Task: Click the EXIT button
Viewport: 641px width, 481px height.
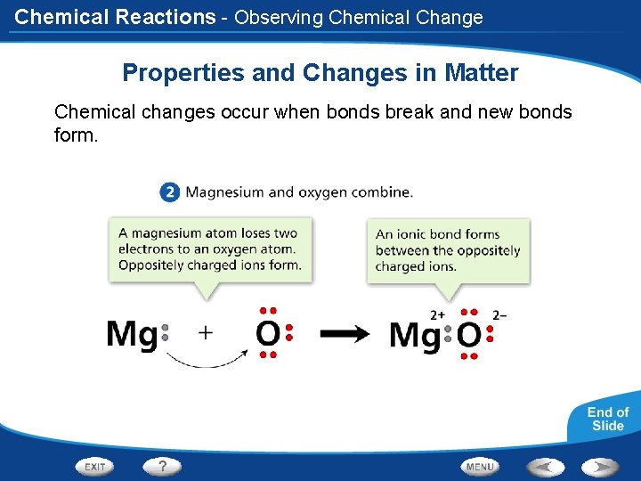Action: pos(95,466)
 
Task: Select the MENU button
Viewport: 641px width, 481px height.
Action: pos(480,466)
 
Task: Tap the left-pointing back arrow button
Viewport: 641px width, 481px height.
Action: pos(544,466)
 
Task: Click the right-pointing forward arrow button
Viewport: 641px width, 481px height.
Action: pos(600,466)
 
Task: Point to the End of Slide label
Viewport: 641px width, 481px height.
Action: pos(607,419)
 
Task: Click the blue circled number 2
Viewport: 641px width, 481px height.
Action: pos(170,192)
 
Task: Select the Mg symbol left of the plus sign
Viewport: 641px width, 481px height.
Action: pos(131,335)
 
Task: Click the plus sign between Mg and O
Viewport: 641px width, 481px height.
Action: pos(206,333)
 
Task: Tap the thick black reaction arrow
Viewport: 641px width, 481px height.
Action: pos(345,334)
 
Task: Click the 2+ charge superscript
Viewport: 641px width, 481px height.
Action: pos(438,314)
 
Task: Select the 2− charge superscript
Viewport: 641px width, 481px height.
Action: pos(499,314)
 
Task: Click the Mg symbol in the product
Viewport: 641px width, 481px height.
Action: pos(414,336)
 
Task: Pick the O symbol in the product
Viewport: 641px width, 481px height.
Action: pos(469,336)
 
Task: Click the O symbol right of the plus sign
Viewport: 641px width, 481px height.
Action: pos(267,334)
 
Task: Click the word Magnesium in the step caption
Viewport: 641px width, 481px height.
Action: pos(225,192)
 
